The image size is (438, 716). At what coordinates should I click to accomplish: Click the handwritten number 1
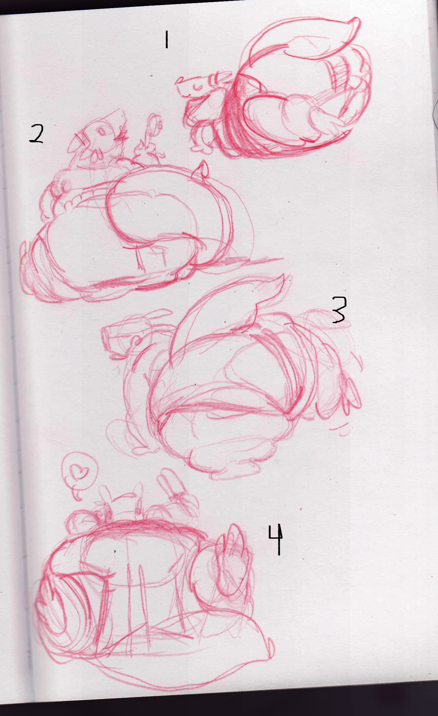click(167, 39)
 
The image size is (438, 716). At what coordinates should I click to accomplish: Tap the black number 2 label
click(36, 134)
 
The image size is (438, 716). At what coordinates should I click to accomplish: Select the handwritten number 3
click(339, 310)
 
